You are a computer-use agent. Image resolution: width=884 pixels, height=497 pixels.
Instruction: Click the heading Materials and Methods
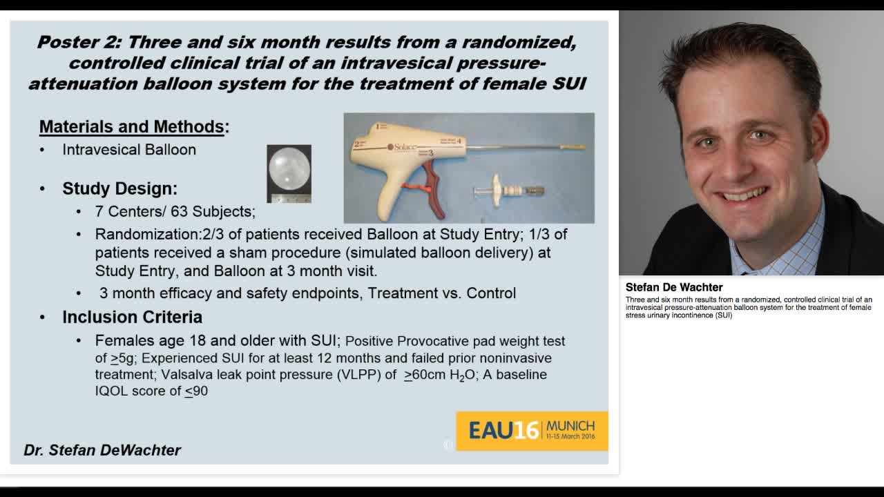coord(131,127)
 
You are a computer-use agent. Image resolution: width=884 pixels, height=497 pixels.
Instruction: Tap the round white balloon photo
coord(289,169)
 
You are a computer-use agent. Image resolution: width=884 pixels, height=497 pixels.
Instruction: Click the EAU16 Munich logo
coord(531,431)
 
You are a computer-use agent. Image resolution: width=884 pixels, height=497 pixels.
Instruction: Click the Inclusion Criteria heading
coord(132,317)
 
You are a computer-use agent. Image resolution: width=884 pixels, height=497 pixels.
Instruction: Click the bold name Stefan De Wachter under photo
coord(673,287)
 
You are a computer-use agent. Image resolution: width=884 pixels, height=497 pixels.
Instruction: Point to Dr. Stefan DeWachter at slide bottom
coord(102,450)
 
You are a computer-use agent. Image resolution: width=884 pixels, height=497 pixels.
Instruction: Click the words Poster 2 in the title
coord(79,42)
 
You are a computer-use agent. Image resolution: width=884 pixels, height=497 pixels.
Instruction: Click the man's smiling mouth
coord(745,195)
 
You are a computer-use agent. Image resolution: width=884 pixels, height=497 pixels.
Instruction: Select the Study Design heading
coord(119,188)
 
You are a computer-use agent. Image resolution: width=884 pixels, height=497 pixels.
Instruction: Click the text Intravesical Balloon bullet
coord(129,150)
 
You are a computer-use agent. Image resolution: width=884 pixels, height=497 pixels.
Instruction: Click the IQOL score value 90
coord(200,391)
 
